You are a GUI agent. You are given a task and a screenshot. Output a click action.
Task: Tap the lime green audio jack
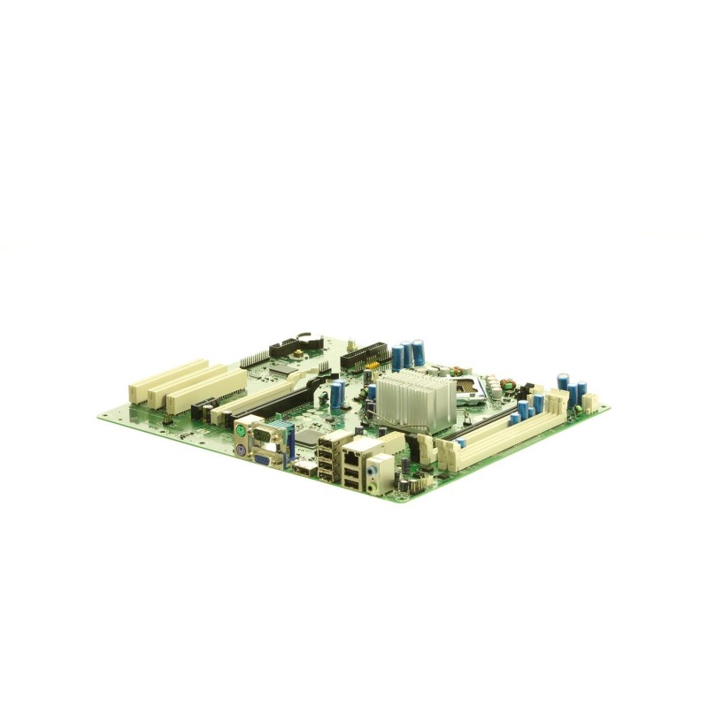click(x=381, y=475)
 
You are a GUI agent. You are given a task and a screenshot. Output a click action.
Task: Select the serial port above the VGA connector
click(x=265, y=436)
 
